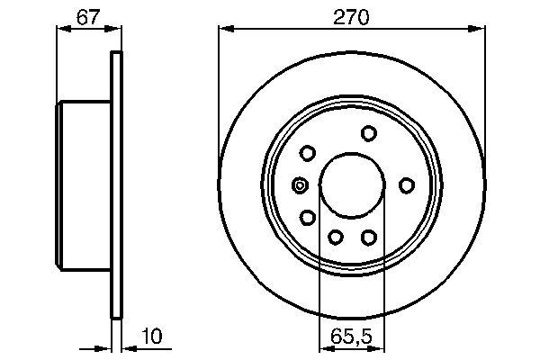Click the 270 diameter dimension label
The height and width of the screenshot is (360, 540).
pos(352,15)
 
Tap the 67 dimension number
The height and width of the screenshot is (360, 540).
pos(87,15)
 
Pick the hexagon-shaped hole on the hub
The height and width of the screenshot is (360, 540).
pos(300,185)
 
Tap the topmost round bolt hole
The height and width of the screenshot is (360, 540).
pos(368,133)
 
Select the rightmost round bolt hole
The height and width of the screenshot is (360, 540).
pos(407,184)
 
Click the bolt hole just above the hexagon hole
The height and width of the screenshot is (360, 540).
pos(307,152)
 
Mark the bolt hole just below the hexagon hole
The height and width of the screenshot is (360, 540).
pos(307,218)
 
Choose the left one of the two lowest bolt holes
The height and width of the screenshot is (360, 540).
pos(335,237)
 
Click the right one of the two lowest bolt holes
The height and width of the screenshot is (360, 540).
pos(367,237)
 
